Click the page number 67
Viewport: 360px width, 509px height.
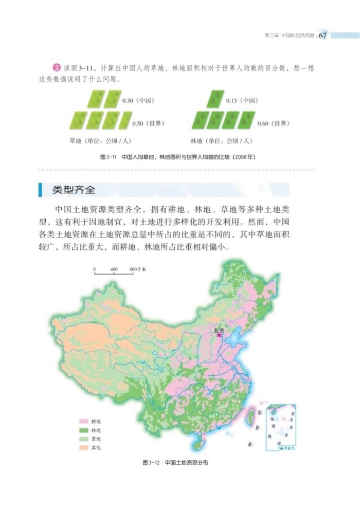(x=322, y=35)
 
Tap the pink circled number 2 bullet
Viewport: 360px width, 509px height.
(x=56, y=69)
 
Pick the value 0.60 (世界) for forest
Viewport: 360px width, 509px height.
(x=273, y=123)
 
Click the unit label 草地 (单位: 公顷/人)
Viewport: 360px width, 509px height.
(x=99, y=140)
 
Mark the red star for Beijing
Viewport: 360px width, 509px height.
(x=220, y=335)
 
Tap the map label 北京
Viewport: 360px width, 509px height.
(x=219, y=330)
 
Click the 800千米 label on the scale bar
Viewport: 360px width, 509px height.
(x=138, y=269)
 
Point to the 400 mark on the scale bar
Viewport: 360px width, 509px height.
(x=114, y=269)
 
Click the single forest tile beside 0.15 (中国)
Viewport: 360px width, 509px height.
(x=216, y=99)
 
